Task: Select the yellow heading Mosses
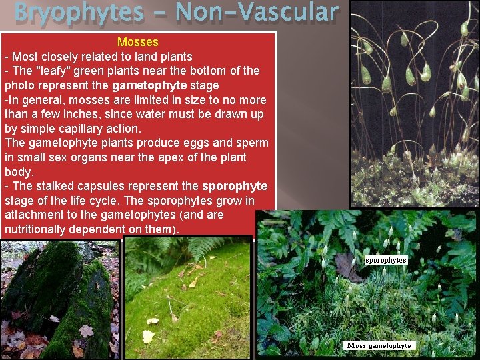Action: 137,42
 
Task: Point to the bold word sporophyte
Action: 235,186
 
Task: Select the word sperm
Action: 252,143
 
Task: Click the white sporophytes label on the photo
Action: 386,259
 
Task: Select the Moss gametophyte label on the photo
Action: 379,345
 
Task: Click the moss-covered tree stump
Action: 60,300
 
